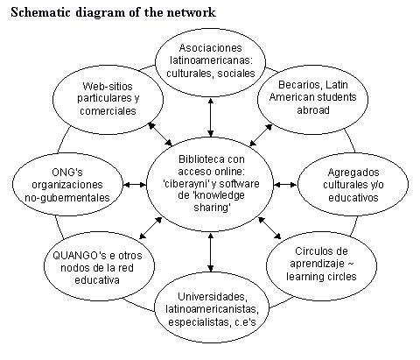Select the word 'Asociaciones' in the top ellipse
[x=211, y=48]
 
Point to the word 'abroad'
[x=313, y=109]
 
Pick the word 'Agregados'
[x=353, y=173]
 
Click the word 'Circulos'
[x=310, y=251]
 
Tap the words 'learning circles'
[x=321, y=276]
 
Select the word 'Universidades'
[x=213, y=297]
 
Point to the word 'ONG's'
[x=67, y=172]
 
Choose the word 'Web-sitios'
[x=108, y=86]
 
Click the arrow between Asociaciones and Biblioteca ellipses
[x=210, y=117]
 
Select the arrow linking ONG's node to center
[x=135, y=185]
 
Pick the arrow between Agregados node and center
[x=285, y=185]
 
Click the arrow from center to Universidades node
[x=211, y=252]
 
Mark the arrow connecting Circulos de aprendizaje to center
[x=269, y=228]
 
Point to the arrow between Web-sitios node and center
[x=160, y=134]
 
